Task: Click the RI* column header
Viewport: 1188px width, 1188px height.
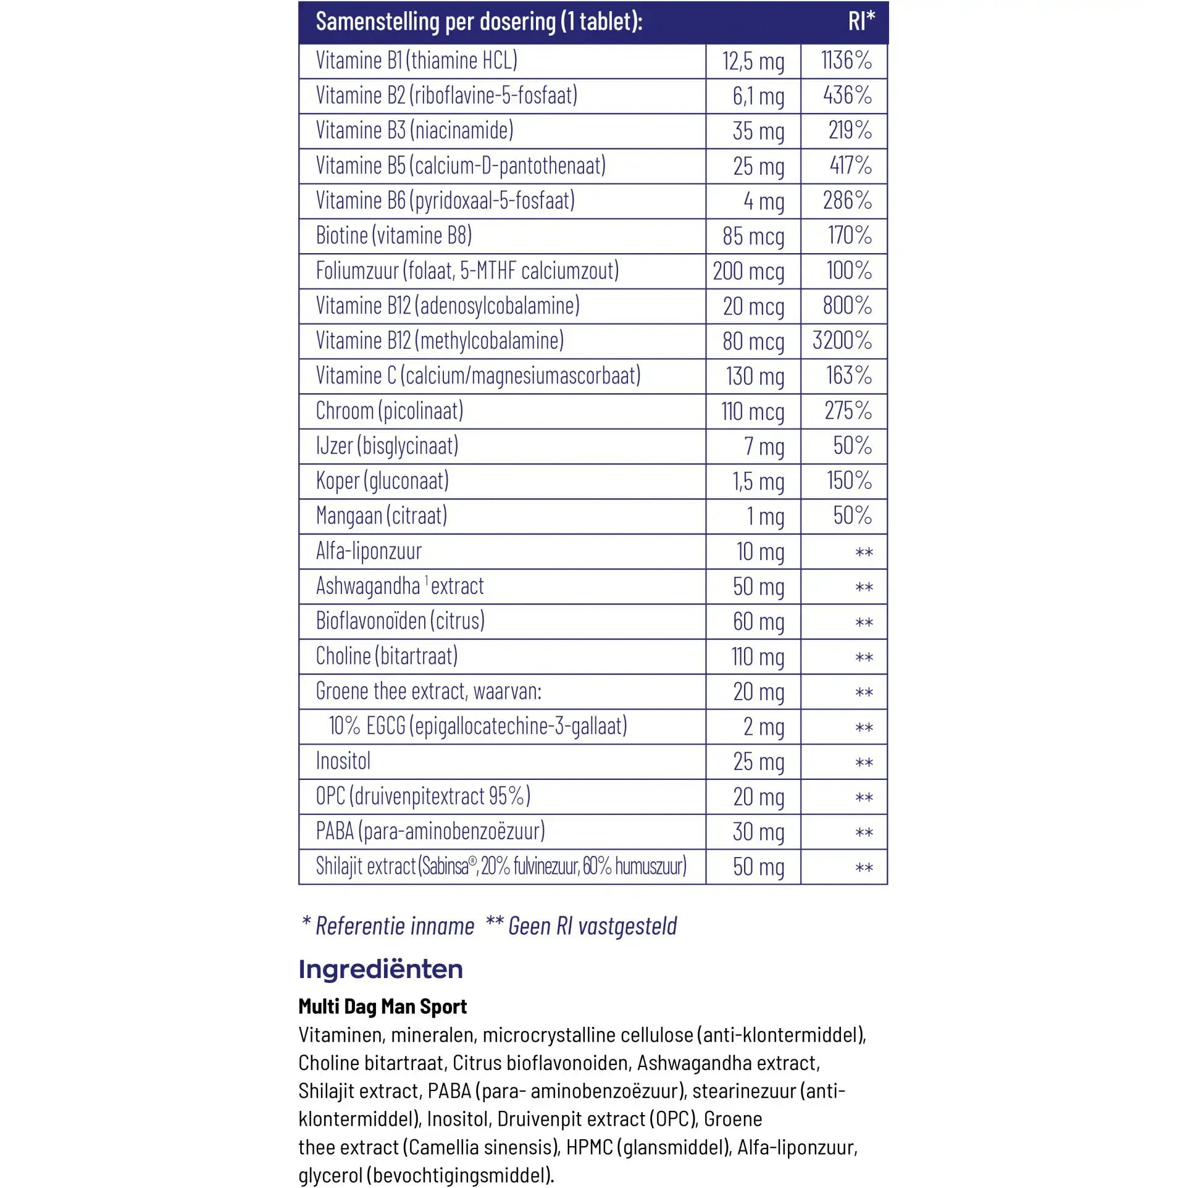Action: point(861,21)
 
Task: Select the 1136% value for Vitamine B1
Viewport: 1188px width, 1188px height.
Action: point(846,61)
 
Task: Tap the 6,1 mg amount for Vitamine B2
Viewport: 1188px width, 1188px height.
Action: point(758,96)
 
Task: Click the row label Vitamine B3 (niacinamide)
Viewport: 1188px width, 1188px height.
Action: point(414,130)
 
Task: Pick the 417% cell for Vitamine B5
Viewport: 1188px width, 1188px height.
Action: point(850,165)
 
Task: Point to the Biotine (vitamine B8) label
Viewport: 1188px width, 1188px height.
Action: point(393,235)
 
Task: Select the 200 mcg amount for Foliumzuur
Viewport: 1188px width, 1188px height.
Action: point(748,271)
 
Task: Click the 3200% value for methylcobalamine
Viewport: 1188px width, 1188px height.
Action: point(842,340)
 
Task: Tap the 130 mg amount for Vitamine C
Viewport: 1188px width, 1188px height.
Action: point(755,376)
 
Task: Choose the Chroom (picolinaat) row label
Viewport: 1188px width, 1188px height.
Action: point(389,411)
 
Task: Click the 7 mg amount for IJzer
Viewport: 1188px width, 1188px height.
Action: point(764,446)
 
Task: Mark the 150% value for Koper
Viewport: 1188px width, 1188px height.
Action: point(849,480)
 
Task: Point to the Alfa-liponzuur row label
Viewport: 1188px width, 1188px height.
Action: point(369,551)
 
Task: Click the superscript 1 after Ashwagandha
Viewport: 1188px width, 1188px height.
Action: point(427,580)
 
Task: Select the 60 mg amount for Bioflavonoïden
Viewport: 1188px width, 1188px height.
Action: point(758,621)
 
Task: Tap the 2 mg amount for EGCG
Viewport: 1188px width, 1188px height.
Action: point(764,727)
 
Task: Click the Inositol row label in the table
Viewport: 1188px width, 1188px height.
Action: point(343,761)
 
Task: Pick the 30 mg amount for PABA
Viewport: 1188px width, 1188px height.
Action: point(758,832)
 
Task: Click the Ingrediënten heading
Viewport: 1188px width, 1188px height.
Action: point(380,969)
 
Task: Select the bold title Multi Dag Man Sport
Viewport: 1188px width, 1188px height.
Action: point(382,1006)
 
